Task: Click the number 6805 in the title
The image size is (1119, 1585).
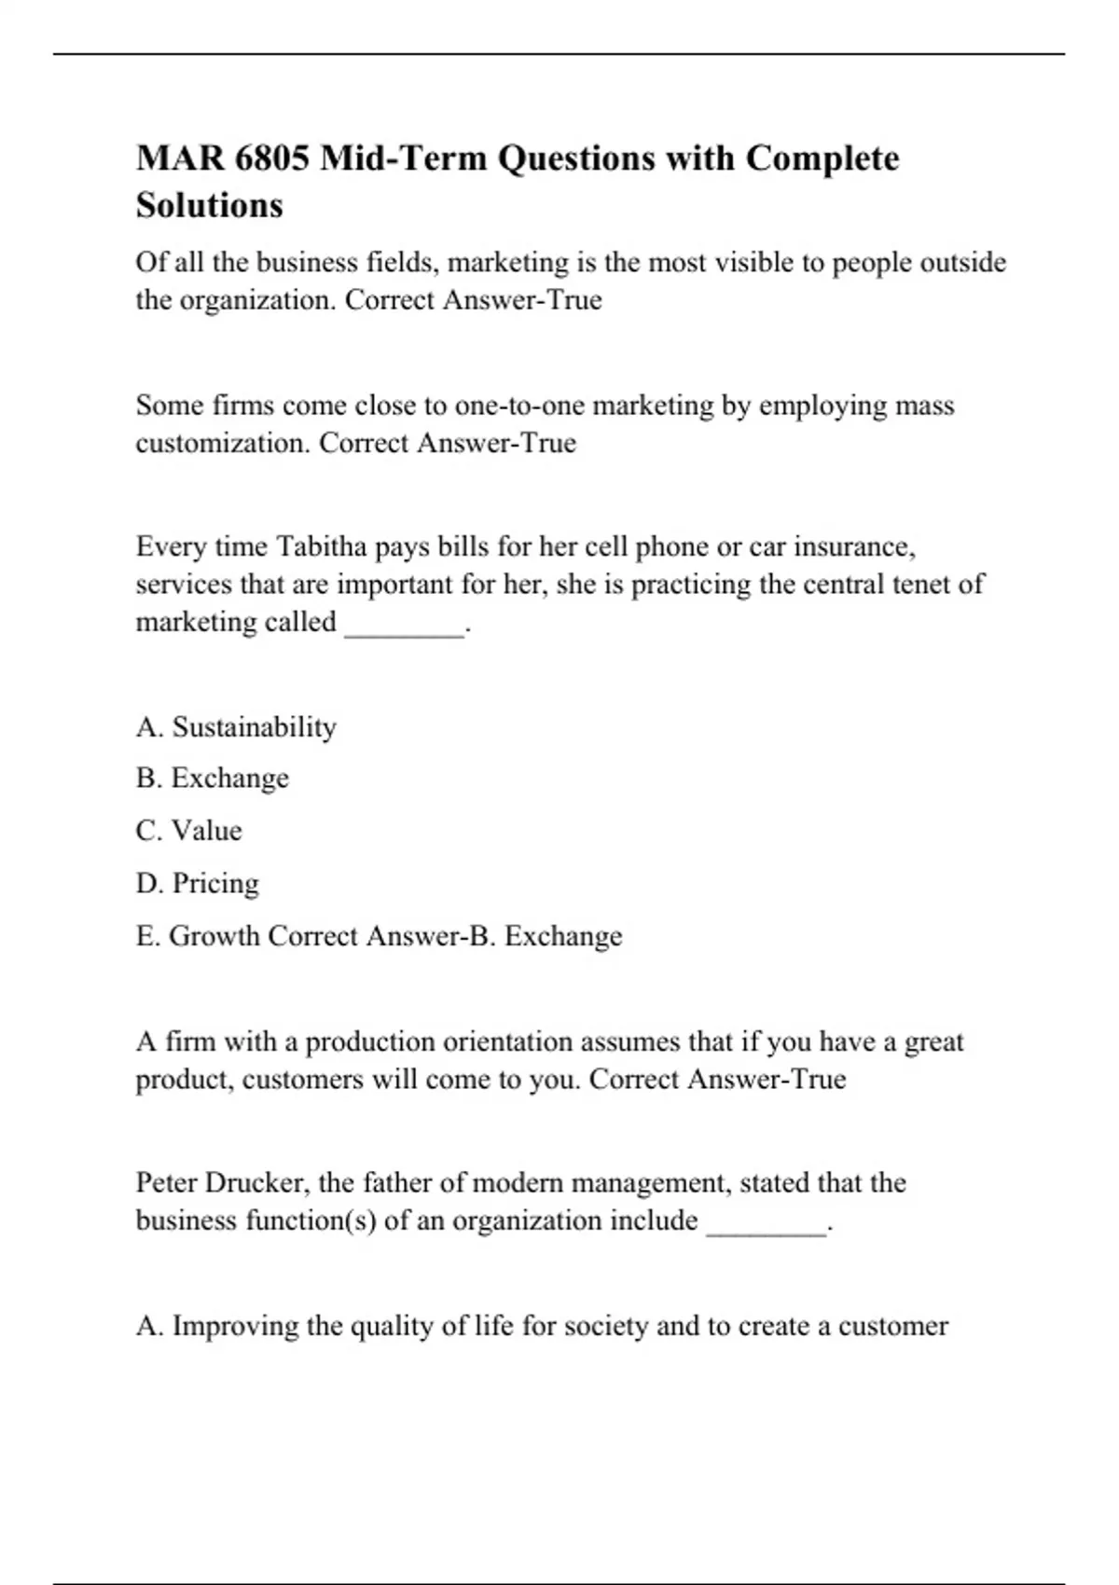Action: (x=271, y=158)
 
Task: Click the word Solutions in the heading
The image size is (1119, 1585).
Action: (x=209, y=205)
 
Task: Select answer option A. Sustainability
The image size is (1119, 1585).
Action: (x=236, y=727)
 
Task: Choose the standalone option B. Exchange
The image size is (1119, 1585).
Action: (x=213, y=779)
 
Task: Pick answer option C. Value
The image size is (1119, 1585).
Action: (x=188, y=831)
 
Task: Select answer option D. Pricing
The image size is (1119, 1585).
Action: (x=197, y=883)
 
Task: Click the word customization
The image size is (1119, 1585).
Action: (x=221, y=443)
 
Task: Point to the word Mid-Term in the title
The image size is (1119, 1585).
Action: (x=403, y=158)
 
